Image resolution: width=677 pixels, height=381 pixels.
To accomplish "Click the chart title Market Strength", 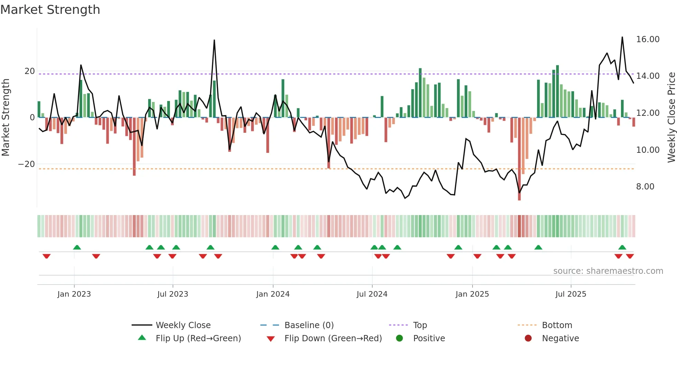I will pos(50,10).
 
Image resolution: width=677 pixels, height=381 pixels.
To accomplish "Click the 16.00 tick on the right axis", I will pos(648,39).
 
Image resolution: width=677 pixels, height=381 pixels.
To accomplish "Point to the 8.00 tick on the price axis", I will pos(645,187).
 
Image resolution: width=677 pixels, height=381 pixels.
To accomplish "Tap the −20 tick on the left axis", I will pos(27,164).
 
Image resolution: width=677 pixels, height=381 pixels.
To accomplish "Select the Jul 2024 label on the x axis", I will pos(372,294).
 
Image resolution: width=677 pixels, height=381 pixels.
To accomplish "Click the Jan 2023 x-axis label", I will pos(74,294).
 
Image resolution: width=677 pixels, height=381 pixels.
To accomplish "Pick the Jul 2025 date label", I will pos(571,294).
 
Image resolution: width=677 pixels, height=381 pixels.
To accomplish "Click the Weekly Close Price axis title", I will pos(671,117).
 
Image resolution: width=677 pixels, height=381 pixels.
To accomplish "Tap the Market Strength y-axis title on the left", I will pos(6,117).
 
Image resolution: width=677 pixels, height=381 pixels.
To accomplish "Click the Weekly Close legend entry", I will pos(183,325).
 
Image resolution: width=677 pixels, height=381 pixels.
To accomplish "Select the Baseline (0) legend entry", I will pos(309,325).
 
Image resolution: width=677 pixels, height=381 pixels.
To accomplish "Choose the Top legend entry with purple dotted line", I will pos(420,325).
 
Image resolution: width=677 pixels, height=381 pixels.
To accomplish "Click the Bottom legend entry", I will pos(557,325).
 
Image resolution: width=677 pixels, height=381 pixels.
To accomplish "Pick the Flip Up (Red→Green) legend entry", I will pos(198,338).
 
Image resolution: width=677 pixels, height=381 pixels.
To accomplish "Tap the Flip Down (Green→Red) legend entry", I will pos(333,338).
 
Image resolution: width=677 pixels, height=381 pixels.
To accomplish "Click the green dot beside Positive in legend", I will pos(399,338).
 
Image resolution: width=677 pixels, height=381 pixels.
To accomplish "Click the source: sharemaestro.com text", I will pos(608,271).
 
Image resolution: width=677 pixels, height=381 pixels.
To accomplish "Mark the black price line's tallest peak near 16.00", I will pos(622,37).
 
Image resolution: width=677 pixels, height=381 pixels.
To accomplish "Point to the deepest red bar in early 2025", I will pos(519,197).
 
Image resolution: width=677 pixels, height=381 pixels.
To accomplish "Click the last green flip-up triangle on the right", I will pos(622,248).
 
